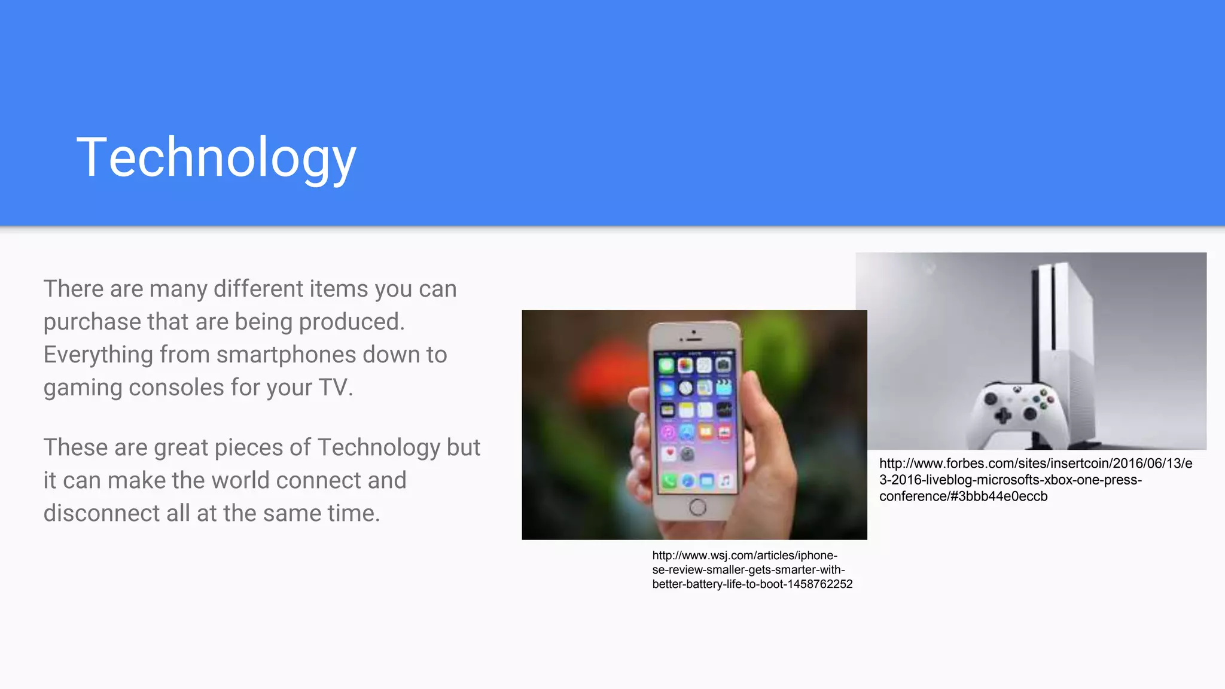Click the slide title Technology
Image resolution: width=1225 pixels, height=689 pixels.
pyautogui.click(x=217, y=157)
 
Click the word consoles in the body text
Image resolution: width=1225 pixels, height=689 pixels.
pyautogui.click(x=176, y=388)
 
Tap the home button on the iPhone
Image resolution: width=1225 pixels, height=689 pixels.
pyautogui.click(x=697, y=507)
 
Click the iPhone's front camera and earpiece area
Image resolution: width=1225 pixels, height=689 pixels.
pyautogui.click(x=694, y=336)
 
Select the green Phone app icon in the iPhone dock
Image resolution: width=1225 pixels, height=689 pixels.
pyautogui.click(x=669, y=481)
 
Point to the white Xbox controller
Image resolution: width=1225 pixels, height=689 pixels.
pyautogui.click(x=1017, y=410)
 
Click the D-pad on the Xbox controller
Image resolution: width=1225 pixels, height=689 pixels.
pyautogui.click(x=1004, y=415)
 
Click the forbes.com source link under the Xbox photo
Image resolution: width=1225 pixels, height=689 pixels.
pyautogui.click(x=1035, y=480)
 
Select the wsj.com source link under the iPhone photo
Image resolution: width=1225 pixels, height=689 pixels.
pyautogui.click(x=751, y=569)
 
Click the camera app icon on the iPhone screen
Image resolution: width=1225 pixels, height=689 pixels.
pyautogui.click(x=723, y=364)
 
